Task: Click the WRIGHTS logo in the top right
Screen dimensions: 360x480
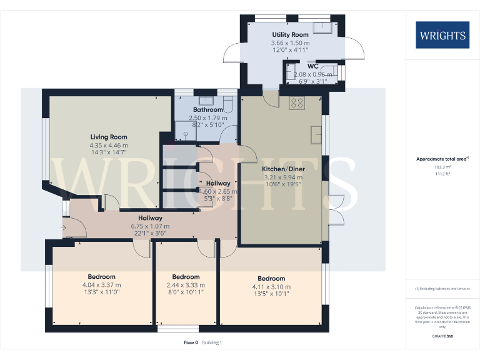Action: (x=442, y=35)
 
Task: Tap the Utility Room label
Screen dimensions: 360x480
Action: (x=290, y=34)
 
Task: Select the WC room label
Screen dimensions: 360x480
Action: (x=312, y=66)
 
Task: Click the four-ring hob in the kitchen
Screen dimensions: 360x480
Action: (x=297, y=103)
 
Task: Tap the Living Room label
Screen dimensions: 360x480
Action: (x=108, y=137)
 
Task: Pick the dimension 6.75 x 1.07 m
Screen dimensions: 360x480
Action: (x=150, y=226)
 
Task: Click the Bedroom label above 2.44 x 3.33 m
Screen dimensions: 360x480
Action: (x=186, y=277)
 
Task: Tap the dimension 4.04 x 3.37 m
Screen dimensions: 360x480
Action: (x=101, y=285)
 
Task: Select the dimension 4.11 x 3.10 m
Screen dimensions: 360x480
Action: (x=271, y=287)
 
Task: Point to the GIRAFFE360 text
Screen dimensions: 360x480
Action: (x=442, y=337)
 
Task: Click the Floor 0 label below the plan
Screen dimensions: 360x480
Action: (x=191, y=342)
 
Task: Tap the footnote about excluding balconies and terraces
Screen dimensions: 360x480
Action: (x=442, y=288)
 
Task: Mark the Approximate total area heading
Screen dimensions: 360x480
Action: (x=441, y=159)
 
